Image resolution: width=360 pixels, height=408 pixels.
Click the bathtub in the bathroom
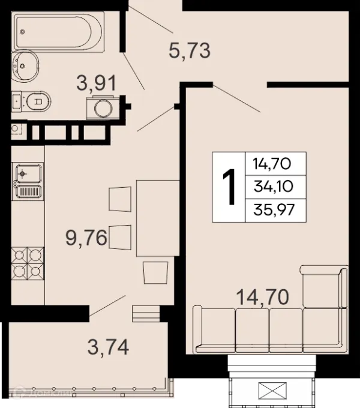(59, 32)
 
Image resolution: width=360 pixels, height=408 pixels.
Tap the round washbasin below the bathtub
(25, 66)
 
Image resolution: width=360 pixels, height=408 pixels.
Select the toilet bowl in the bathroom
(38, 101)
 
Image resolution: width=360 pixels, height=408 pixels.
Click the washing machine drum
(103, 109)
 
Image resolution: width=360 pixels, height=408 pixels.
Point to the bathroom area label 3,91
(96, 83)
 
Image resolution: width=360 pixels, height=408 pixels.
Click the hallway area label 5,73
(190, 51)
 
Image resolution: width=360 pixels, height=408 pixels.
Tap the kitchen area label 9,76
(86, 238)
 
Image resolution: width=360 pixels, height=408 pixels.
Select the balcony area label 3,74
(108, 347)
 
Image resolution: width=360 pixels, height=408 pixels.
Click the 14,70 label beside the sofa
(262, 297)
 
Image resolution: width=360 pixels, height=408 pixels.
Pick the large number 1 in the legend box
(229, 187)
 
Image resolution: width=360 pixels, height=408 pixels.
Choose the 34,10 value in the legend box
(274, 187)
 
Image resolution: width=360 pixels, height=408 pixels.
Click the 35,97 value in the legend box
(274, 210)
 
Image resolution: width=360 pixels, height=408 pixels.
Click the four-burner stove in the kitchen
(28, 263)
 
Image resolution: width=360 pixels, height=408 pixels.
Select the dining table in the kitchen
(158, 218)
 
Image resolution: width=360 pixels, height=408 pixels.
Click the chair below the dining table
(155, 272)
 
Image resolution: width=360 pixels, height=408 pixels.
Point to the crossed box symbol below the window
(272, 391)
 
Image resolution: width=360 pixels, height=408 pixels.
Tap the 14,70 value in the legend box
(272, 164)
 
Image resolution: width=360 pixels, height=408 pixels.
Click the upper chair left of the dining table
(120, 199)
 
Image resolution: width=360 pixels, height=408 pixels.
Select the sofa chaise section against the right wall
(325, 286)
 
